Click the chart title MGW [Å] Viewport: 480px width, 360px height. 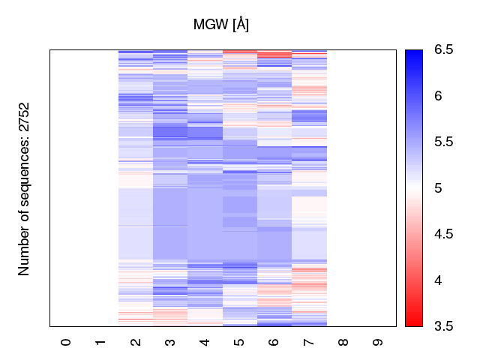click(221, 25)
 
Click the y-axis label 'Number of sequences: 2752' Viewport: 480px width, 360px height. click(25, 188)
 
